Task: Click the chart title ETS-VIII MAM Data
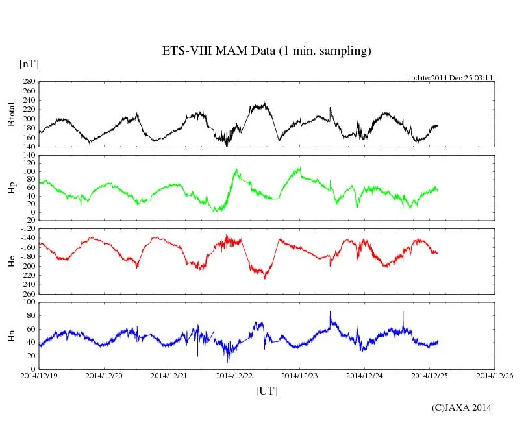point(266,51)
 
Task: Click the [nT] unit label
point(29,64)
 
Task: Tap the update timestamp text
point(450,78)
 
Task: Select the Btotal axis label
point(12,114)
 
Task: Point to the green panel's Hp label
point(12,188)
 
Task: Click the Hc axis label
point(12,260)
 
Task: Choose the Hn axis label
point(12,335)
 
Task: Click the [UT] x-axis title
point(267,391)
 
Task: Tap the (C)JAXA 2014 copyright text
point(461,407)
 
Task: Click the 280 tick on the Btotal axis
point(29,82)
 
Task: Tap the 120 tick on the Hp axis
point(29,155)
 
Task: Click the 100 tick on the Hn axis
point(29,302)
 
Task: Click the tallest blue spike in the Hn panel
point(403,311)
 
